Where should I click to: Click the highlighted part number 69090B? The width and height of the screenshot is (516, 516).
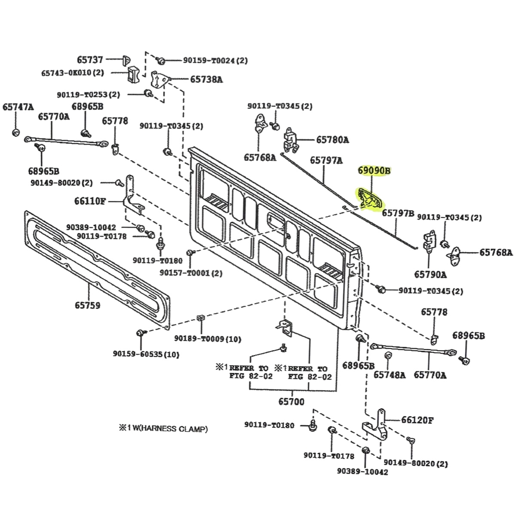[x=374, y=171]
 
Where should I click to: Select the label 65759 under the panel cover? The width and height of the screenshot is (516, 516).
[x=87, y=305]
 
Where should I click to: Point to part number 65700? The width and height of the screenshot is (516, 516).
[x=291, y=402]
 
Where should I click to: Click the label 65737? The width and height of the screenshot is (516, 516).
[x=90, y=60]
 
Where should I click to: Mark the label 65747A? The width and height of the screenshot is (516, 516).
[x=18, y=107]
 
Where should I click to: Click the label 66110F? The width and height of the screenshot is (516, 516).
[x=89, y=200]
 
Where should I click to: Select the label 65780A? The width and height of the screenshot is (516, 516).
[x=332, y=140]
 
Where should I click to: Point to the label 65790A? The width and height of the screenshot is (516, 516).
[x=430, y=274]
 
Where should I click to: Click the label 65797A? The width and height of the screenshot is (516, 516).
[x=327, y=161]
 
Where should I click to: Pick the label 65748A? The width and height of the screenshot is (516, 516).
[x=389, y=375]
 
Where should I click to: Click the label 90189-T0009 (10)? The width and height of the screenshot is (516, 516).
[x=208, y=339]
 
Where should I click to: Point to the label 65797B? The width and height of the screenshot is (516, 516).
[x=398, y=213]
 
